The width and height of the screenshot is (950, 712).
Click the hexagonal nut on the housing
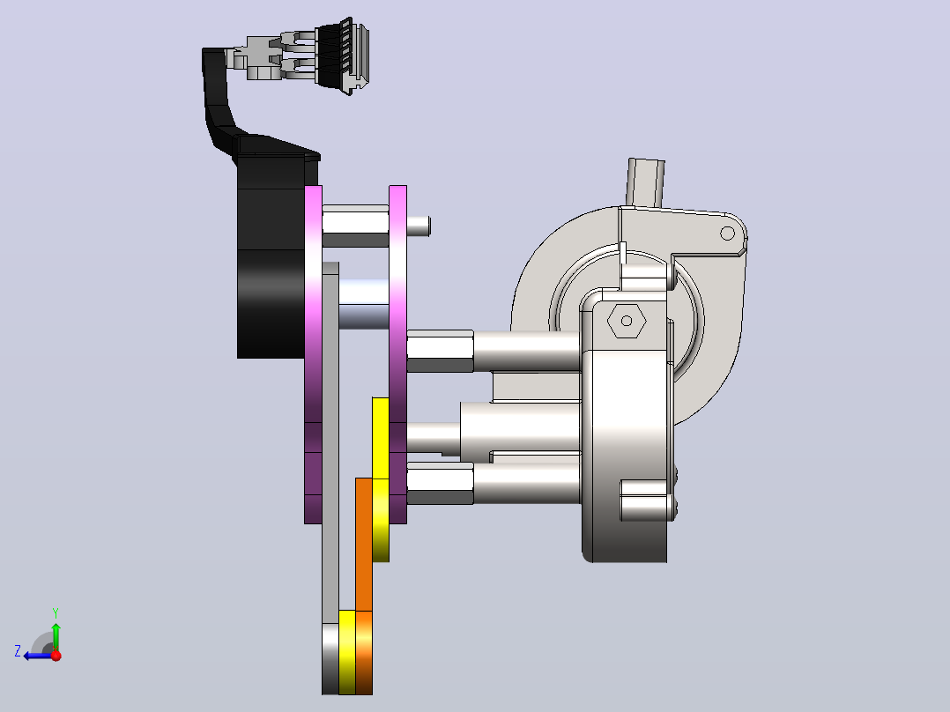click(x=627, y=321)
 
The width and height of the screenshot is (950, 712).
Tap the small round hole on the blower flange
click(x=727, y=234)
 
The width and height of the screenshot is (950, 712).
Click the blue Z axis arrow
click(x=38, y=656)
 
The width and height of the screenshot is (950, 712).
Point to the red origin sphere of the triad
click(x=56, y=655)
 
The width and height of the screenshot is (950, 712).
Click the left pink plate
click(x=313, y=354)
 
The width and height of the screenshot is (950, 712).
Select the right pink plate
click(x=397, y=354)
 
